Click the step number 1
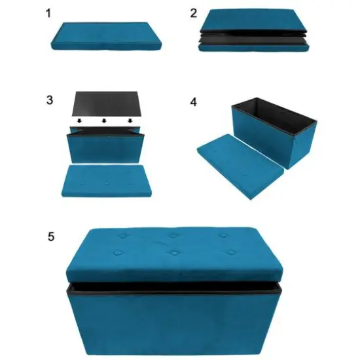pos(49,13)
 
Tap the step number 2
pos(193,13)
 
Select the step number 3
pos(50,100)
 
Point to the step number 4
pos(192,103)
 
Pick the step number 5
pos(50,236)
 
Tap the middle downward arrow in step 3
pos(105,121)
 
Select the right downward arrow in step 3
pos(130,121)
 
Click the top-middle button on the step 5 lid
pos(173,235)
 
